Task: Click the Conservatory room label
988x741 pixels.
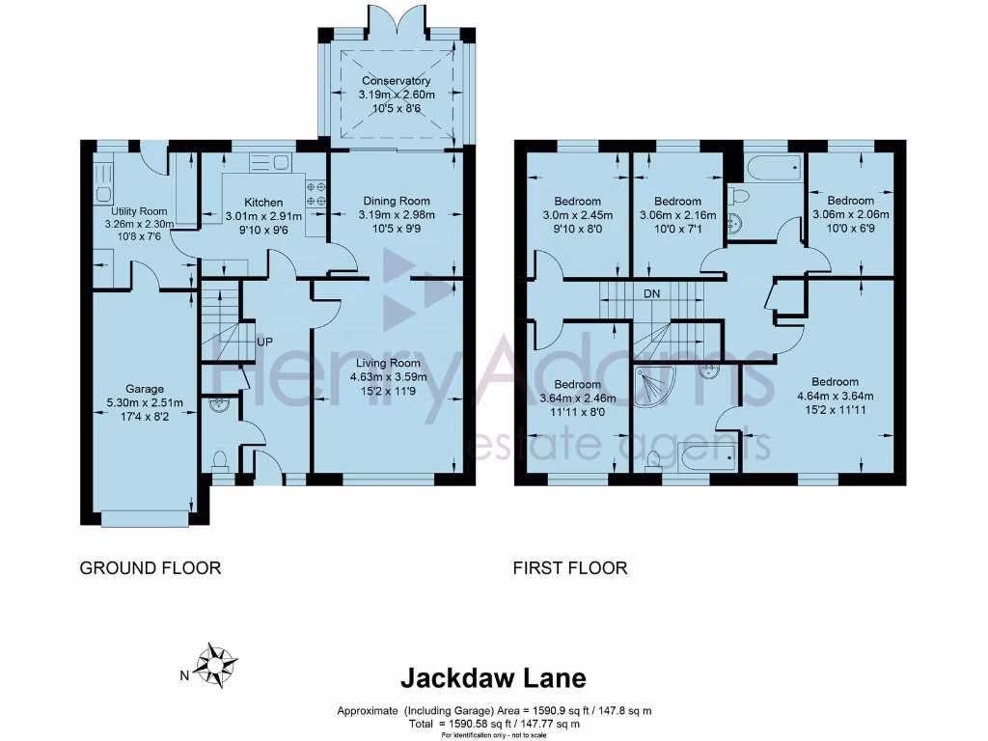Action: (x=397, y=81)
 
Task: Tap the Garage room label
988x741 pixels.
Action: (x=145, y=389)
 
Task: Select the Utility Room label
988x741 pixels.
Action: (x=139, y=211)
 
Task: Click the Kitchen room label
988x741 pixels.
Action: (x=263, y=203)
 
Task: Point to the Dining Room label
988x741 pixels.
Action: (x=397, y=201)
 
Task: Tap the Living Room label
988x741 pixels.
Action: (x=388, y=363)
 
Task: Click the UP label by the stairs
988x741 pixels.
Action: (x=264, y=342)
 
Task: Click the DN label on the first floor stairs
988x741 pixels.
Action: (x=652, y=293)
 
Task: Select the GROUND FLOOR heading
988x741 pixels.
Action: (x=150, y=568)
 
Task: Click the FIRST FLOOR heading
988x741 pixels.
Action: (x=570, y=568)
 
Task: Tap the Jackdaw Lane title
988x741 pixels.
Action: (x=493, y=678)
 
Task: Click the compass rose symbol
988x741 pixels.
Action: (x=216, y=666)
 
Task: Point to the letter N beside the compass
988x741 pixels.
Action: (x=184, y=676)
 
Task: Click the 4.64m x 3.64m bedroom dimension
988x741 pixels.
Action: (x=836, y=396)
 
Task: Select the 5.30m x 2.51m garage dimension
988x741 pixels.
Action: (x=145, y=402)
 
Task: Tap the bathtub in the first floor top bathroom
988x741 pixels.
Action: (x=774, y=168)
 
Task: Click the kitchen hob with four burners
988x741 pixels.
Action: (x=316, y=193)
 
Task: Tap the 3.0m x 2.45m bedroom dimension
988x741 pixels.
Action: (x=578, y=215)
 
